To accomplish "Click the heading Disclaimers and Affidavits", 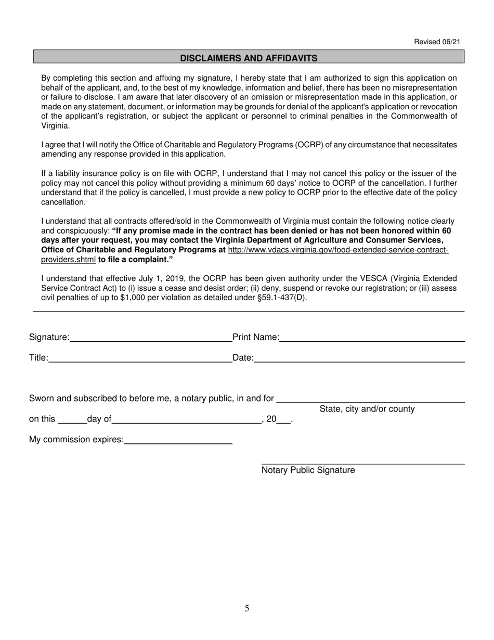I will coord(249,58).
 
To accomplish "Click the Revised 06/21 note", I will coord(437,42).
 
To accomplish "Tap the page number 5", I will coord(247,608).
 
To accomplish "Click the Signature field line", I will coord(151,338).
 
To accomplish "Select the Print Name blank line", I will coord(372,338).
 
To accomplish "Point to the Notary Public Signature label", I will coord(308,470).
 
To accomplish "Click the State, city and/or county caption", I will coord(367,409).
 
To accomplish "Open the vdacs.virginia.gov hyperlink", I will coord(338,250).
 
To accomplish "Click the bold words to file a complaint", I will coord(135,259).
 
